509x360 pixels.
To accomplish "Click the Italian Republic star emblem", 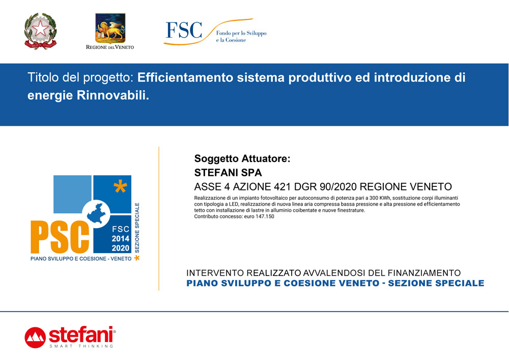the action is pos(41,31).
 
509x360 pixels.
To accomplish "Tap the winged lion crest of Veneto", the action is pos(110,28).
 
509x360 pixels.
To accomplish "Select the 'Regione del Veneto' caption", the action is pos(110,47).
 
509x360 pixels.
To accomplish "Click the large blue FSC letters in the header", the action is pos(184,30).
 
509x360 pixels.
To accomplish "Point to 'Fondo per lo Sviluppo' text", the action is pos(241,33).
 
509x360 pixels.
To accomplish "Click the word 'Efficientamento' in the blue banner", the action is pos(185,77).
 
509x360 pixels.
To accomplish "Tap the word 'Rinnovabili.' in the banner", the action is pos(113,95).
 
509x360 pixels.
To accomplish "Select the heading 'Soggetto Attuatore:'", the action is pos(242,158).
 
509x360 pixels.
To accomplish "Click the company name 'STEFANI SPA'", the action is pos(228,173).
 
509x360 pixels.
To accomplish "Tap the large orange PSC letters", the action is pos(60,237).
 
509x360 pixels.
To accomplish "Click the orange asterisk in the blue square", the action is pos(120,187).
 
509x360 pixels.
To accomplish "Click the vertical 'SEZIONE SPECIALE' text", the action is pos(137,228).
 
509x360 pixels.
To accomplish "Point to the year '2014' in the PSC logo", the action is pos(121,239).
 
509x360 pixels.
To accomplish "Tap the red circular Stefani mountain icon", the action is pos(35,338).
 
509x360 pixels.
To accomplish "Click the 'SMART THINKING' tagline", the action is pos(81,346).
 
